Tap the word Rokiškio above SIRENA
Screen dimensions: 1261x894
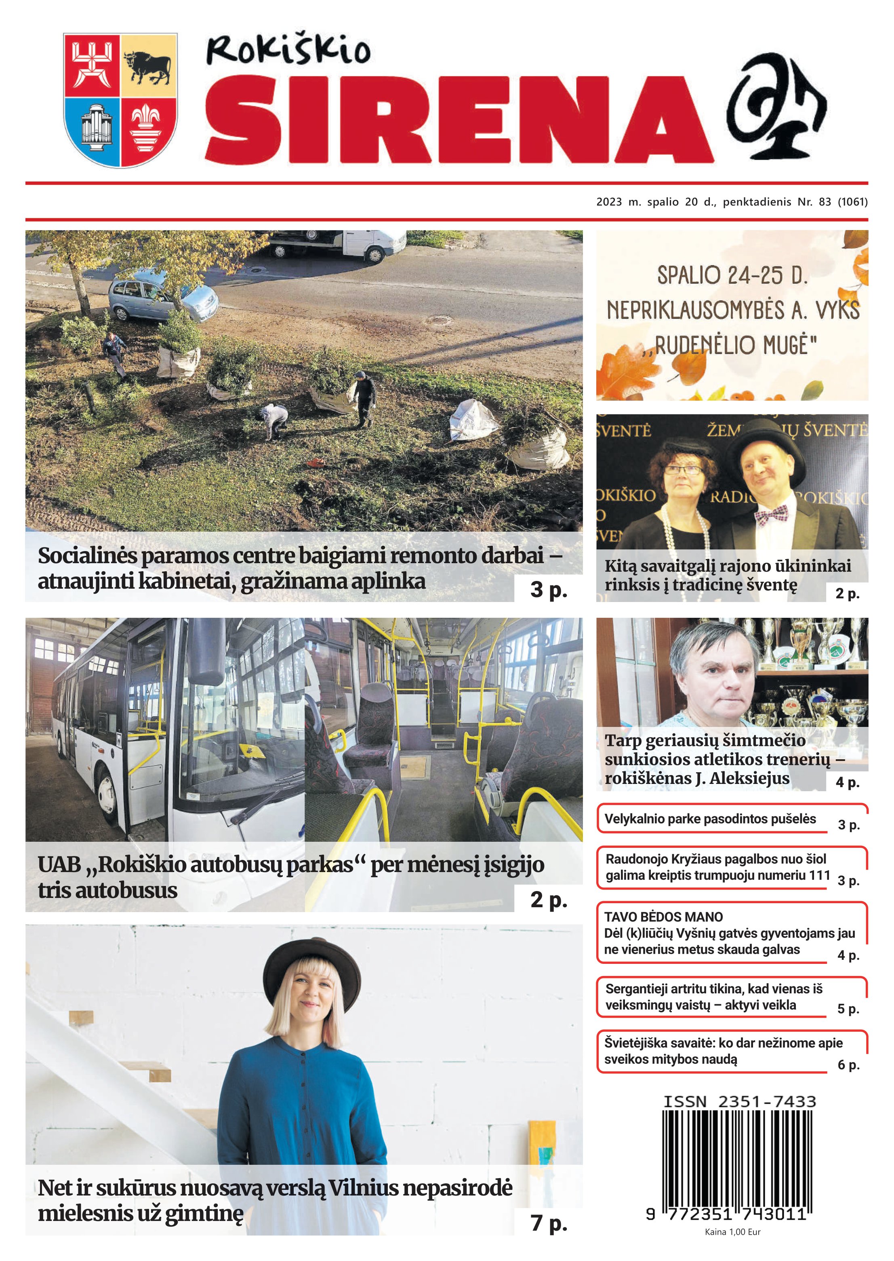(x=288, y=50)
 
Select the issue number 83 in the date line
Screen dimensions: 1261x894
(x=825, y=202)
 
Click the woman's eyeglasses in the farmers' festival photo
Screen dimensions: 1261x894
(x=684, y=470)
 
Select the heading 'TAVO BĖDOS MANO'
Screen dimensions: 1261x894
(x=663, y=917)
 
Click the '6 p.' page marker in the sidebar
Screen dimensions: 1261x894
(x=848, y=1065)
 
